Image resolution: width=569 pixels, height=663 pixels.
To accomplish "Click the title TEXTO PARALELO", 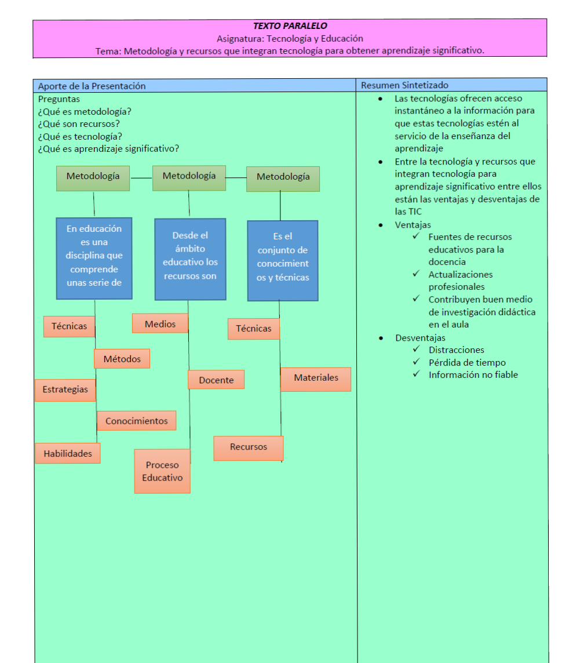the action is point(290,26).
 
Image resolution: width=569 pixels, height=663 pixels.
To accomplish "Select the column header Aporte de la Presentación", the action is point(92,86).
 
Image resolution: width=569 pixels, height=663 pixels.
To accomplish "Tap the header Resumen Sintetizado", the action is point(404,85).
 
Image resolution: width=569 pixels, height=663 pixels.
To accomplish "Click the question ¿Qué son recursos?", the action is point(79,124).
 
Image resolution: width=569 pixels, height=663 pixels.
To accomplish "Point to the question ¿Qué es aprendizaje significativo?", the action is point(108,149).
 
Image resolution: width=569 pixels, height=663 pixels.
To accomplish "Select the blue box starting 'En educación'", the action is point(94,258).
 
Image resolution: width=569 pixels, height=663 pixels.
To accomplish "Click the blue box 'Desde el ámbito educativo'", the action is point(190,259).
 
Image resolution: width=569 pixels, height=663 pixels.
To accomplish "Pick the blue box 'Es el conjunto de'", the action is point(283,260).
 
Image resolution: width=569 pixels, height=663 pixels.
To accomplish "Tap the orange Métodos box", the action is point(122,359).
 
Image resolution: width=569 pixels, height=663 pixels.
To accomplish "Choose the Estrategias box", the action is point(65,390).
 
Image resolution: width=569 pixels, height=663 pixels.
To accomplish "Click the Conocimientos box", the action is point(137,421).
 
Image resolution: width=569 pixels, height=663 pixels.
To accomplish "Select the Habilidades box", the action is point(68,453).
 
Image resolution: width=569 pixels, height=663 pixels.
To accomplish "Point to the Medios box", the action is point(161,323).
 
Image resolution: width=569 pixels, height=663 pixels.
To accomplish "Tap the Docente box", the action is point(216,380).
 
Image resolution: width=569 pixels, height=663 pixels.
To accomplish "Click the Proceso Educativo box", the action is point(162,471).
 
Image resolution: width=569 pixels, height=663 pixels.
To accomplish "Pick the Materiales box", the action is point(316,379).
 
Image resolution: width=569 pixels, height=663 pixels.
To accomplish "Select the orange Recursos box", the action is point(249,448).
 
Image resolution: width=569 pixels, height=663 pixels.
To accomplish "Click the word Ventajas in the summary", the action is point(413,224).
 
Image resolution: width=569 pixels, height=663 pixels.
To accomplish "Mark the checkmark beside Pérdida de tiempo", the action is point(417,362).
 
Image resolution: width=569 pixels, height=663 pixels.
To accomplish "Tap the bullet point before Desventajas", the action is point(381,338).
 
